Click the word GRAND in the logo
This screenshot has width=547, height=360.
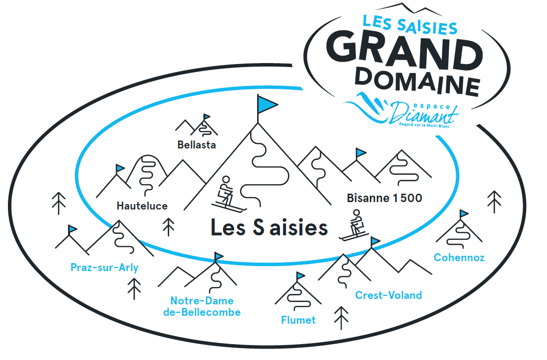(x=405, y=52)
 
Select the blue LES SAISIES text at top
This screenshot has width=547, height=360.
(x=410, y=25)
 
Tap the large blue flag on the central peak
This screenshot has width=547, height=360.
(x=266, y=104)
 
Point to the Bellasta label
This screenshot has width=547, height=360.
(x=197, y=145)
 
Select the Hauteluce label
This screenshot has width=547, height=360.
(x=142, y=206)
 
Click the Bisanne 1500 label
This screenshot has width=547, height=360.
(x=385, y=199)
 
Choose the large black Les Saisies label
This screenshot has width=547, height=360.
(x=269, y=227)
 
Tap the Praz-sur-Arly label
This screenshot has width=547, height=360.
(x=104, y=268)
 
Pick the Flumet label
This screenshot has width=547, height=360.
(x=298, y=320)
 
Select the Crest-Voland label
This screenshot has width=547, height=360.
(x=388, y=295)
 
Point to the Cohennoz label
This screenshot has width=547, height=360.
(x=459, y=257)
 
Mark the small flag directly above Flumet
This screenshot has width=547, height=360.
(x=300, y=276)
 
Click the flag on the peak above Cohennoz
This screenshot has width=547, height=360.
(x=464, y=214)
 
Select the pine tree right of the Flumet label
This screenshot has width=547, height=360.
(x=341, y=318)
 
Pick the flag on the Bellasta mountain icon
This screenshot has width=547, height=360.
(x=206, y=117)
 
